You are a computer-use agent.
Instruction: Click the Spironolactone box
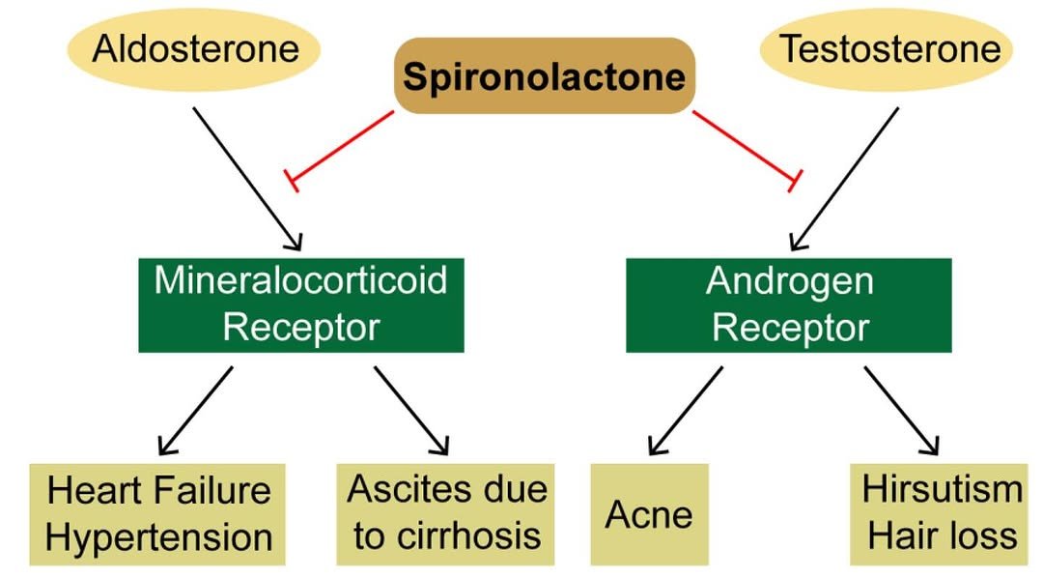coord(544,75)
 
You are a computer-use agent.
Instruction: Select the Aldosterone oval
coord(196,48)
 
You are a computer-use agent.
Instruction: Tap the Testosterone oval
coord(889,48)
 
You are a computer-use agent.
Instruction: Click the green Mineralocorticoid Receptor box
coord(301,304)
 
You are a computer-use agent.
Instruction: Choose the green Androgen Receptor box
coord(789,304)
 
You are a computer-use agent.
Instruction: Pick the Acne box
coord(649,513)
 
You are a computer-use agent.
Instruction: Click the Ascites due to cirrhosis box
coord(446,513)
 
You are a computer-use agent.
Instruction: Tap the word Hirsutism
coord(942,489)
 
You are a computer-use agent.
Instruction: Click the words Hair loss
coord(942,536)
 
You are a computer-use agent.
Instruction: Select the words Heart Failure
coord(158,491)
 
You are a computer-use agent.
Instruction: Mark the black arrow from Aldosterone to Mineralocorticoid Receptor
coord(248,178)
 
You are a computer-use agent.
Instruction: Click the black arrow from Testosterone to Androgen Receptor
coord(846,178)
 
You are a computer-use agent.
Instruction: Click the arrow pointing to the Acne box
coord(686,410)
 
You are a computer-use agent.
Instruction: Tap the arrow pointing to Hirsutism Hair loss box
coord(901,410)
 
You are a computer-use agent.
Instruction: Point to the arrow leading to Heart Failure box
coord(196,410)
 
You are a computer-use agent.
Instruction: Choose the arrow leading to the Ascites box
coord(411,410)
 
